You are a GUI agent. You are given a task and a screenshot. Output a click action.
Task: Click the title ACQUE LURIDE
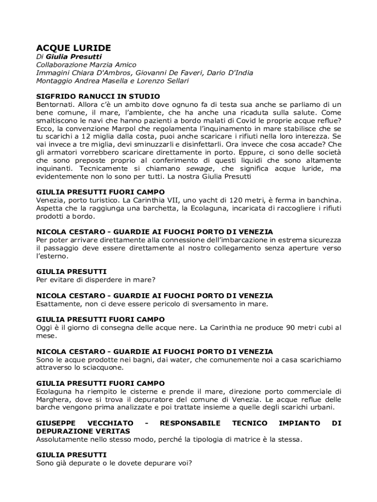pyautogui.click(x=74, y=48)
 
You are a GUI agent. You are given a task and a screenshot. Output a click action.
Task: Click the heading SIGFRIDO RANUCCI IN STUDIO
pyautogui.click(x=98, y=96)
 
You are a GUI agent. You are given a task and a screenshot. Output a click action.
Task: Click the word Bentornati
pyautogui.click(x=55, y=104)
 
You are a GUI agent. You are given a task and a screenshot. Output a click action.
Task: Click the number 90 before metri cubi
pyautogui.click(x=292, y=327)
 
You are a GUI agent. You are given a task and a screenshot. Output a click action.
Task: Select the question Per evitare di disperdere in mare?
pyautogui.click(x=96, y=279)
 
